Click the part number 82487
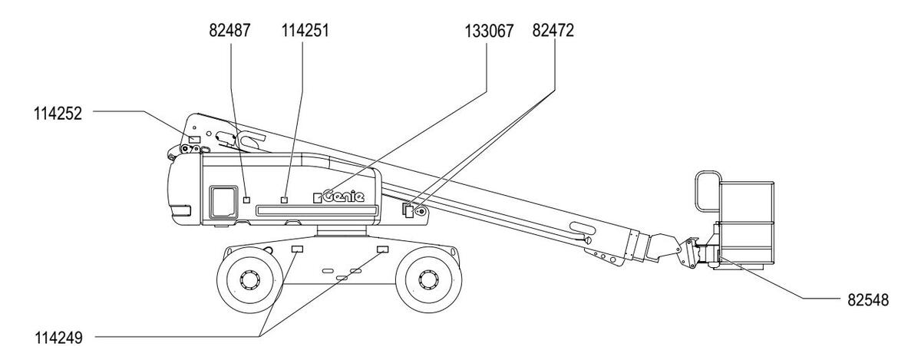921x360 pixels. (229, 31)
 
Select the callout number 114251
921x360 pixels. (305, 31)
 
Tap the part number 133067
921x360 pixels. (489, 31)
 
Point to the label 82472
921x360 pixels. (553, 31)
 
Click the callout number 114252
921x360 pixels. (58, 114)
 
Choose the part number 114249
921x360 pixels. (58, 339)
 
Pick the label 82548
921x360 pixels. (868, 300)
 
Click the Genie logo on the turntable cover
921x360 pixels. (344, 197)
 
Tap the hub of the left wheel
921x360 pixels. (249, 280)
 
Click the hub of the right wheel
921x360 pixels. (428, 279)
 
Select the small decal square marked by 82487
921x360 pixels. (246, 200)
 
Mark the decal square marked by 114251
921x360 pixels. (284, 200)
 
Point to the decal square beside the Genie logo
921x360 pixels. (317, 198)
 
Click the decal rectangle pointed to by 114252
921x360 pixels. (194, 140)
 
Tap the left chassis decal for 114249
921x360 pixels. (297, 249)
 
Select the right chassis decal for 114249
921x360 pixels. (383, 249)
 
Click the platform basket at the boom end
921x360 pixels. (746, 222)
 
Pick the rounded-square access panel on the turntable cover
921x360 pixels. (223, 202)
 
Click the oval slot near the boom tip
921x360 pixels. (583, 227)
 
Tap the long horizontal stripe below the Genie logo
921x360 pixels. (316, 210)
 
